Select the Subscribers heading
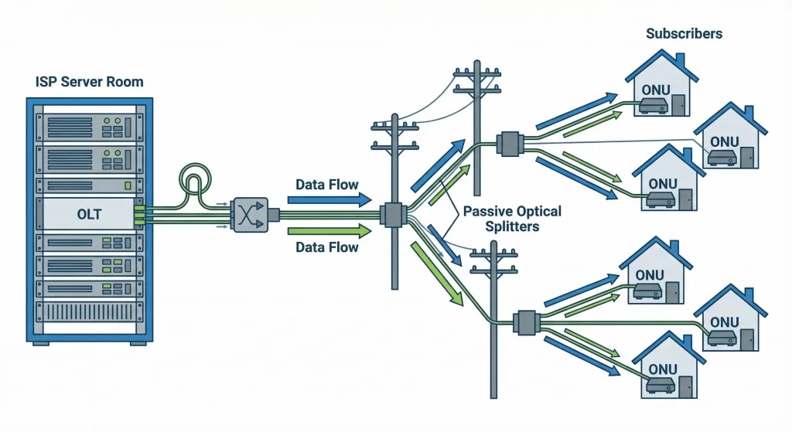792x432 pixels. click(x=684, y=34)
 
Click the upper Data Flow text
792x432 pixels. click(x=326, y=185)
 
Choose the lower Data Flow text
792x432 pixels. click(x=326, y=247)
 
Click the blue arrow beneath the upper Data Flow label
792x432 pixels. click(x=329, y=199)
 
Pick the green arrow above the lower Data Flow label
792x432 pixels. click(x=329, y=230)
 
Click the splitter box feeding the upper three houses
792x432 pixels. click(x=510, y=145)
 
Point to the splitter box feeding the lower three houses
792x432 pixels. click(x=527, y=322)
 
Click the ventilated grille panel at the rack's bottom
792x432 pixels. click(x=89, y=312)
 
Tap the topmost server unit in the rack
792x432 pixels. click(x=89, y=124)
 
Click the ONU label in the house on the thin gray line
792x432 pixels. click(x=724, y=142)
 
